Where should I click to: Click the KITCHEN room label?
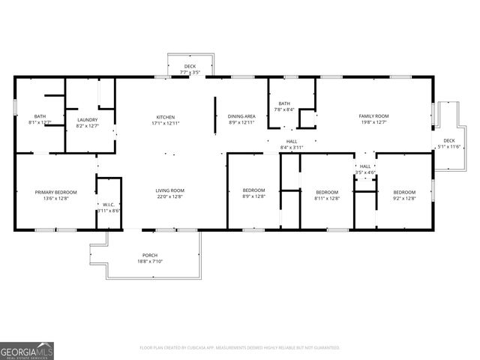click(x=165, y=117)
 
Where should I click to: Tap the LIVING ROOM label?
click(x=169, y=190)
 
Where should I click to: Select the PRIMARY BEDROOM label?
click(x=52, y=192)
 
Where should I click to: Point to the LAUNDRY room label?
click(x=87, y=119)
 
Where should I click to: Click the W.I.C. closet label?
click(x=109, y=205)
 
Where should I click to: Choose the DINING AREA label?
click(x=241, y=116)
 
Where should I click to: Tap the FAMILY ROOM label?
click(x=373, y=116)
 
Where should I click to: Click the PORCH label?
click(x=151, y=255)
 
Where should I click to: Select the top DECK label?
click(x=190, y=67)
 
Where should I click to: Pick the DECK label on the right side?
click(x=448, y=140)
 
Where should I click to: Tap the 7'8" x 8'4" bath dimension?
click(x=283, y=109)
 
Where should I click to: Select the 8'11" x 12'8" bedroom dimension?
click(x=327, y=199)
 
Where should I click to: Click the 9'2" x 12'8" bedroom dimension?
click(x=404, y=199)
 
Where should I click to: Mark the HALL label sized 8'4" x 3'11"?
click(x=291, y=141)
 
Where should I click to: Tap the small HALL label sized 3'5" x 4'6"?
click(x=365, y=166)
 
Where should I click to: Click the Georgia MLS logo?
click(x=27, y=350)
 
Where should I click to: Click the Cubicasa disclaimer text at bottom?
click(x=240, y=347)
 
